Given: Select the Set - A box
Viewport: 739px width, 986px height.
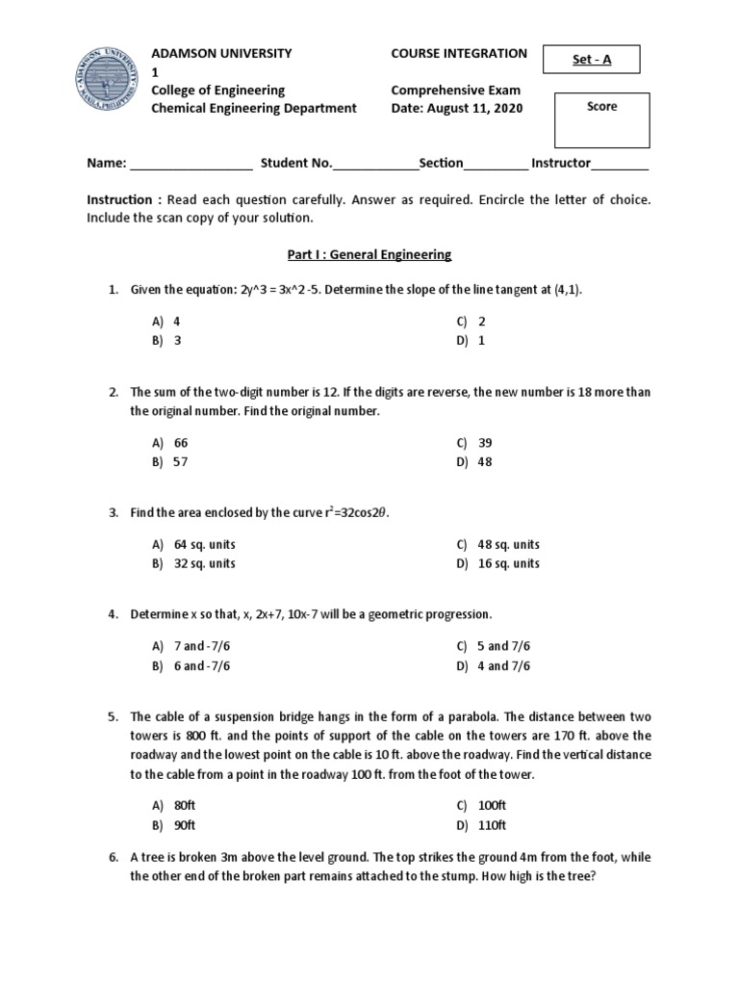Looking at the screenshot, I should (590, 60).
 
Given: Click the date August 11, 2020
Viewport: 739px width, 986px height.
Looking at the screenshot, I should (457, 108).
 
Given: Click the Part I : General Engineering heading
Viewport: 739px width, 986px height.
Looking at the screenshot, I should (369, 255).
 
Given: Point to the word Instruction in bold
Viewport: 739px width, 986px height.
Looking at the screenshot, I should (119, 199).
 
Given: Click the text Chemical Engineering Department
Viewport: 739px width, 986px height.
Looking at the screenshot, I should (255, 108).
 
